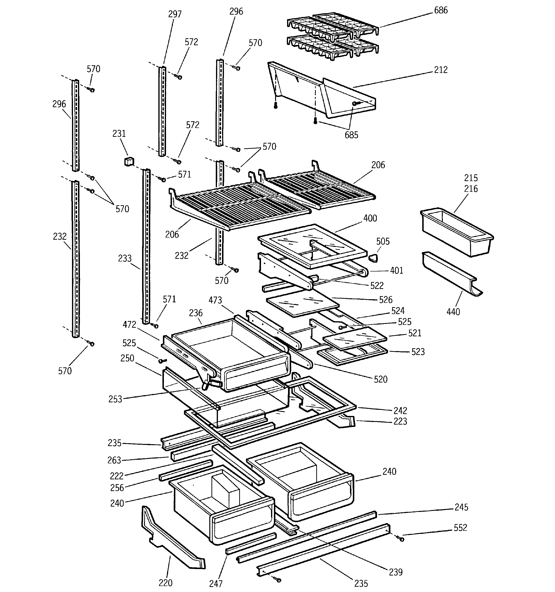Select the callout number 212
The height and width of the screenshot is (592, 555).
[441, 70]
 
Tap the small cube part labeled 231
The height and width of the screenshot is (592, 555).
[128, 162]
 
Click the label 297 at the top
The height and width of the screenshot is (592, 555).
[175, 14]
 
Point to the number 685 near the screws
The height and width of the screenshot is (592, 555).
[351, 135]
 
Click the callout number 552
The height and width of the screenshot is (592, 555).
[460, 528]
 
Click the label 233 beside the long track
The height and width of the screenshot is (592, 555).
[125, 259]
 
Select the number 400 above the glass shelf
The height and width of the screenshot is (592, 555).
[370, 218]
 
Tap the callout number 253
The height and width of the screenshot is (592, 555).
[115, 399]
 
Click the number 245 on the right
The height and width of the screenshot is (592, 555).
[461, 507]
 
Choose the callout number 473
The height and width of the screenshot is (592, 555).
[215, 300]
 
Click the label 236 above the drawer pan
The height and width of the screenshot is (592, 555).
[196, 313]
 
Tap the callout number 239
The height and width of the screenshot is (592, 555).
[396, 572]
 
